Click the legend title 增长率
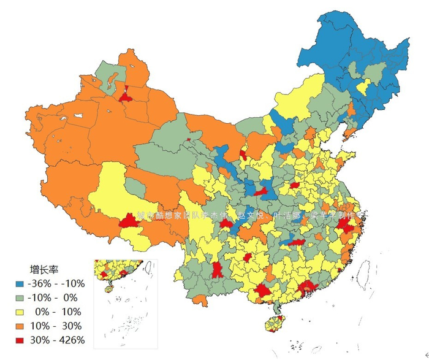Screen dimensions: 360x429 point(44,269)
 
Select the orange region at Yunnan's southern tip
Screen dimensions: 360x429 point(200,300)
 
